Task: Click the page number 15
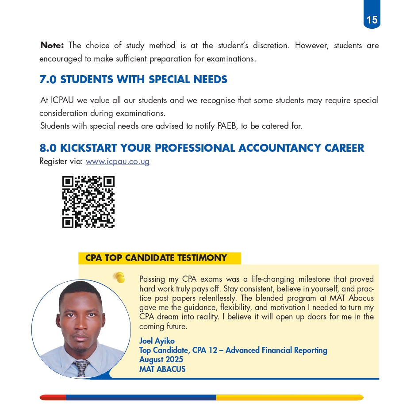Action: [x=372, y=20]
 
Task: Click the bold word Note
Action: [x=52, y=45]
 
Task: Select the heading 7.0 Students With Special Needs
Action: [x=133, y=80]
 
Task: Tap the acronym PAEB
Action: [x=227, y=126]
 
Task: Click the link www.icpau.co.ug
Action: [x=117, y=161]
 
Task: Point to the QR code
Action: [x=88, y=202]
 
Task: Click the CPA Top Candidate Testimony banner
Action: [x=156, y=258]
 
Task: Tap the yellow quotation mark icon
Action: [x=119, y=277]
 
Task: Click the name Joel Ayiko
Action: [x=157, y=341]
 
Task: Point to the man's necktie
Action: [x=81, y=368]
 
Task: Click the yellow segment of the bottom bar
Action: [x=290, y=398]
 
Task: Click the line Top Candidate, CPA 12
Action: [x=233, y=350]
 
